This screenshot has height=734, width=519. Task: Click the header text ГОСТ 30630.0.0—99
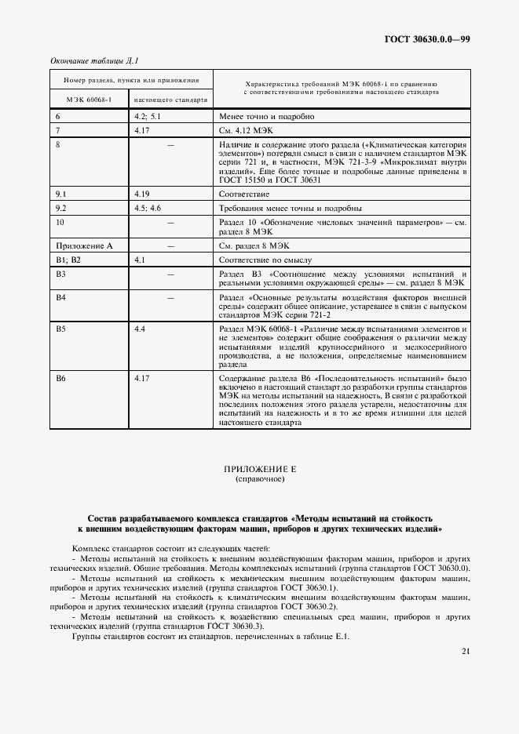pos(428,38)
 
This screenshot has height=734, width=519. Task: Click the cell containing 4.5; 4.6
pos(147,208)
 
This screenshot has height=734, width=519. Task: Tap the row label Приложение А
pos(84,245)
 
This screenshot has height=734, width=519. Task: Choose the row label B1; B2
pos(68,260)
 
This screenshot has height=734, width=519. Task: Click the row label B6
pos(61,379)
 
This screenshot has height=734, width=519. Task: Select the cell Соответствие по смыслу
pos(265,260)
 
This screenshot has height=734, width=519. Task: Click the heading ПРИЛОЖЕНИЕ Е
pos(258,469)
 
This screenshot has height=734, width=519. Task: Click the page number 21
pos(466,650)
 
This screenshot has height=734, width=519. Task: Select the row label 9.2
pos(61,208)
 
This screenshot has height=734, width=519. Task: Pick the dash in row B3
pos(170,274)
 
